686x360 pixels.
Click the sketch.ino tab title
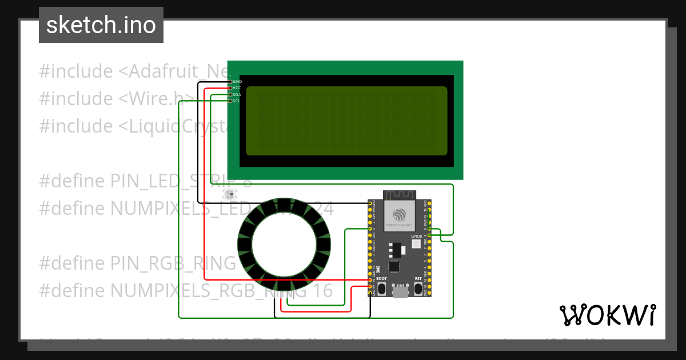101,25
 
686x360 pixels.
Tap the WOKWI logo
607,315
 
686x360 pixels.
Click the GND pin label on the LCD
237,82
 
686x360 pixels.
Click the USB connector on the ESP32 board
400,292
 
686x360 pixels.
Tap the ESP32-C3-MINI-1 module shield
400,217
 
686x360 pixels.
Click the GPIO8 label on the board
416,236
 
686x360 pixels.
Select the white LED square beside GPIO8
416,244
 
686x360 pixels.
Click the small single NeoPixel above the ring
229,194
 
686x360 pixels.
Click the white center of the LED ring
284,246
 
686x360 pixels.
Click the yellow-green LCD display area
346,121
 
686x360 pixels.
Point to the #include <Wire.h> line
114,99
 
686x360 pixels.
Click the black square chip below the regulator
394,266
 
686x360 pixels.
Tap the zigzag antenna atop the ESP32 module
400,195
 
